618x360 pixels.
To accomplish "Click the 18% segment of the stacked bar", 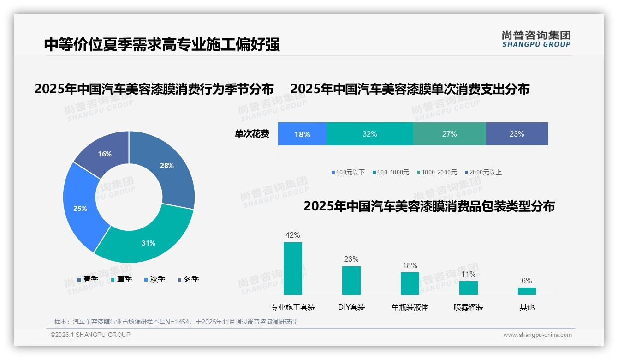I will pos(302,134).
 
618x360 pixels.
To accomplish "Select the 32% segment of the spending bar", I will pos(369,134).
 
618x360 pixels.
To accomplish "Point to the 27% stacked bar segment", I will pos(449,134).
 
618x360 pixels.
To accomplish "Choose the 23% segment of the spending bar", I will pos(517,134).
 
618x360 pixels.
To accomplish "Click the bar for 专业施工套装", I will pos(292,269).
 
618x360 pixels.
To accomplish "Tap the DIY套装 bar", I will pos(351,281).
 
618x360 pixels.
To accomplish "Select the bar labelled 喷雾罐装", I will pos(468,288).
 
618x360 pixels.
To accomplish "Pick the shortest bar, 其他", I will pos(527,291).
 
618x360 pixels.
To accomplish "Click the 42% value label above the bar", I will pos(292,235).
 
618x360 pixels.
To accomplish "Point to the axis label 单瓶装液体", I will pos(410,307).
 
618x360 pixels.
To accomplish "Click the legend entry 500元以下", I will pos(348,173).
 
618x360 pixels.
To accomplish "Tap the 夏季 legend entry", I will pos(122,280).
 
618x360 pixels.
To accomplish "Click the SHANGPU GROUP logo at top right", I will pos(536,39).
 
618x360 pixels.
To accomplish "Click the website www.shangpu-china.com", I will pos(537,335).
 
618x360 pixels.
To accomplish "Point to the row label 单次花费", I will pos(252,134).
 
